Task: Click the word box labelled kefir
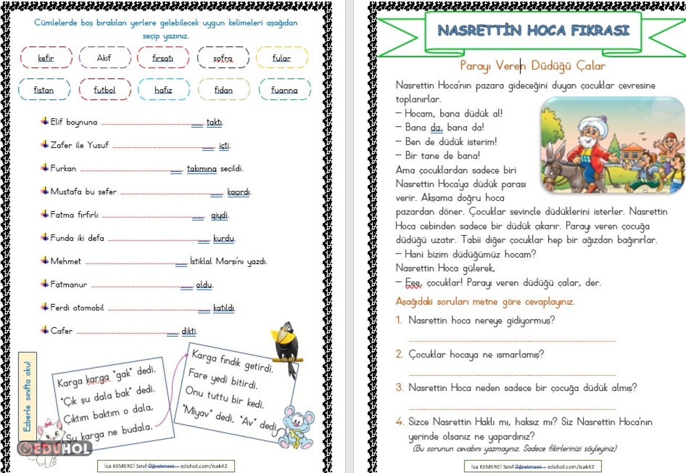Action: tap(46, 58)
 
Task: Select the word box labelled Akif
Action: tap(104, 58)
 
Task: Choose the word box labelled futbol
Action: tap(105, 90)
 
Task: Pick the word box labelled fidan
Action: tap(223, 90)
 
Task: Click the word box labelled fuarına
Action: tap(284, 90)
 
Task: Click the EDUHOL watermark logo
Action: tap(55, 448)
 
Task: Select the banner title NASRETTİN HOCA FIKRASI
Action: tap(533, 30)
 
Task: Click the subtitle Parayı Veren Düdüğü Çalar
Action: tap(533, 66)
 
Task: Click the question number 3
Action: tap(399, 388)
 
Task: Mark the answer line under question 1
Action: tap(512, 341)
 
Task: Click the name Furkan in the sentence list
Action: tap(63, 169)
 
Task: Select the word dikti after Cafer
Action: tap(189, 331)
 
